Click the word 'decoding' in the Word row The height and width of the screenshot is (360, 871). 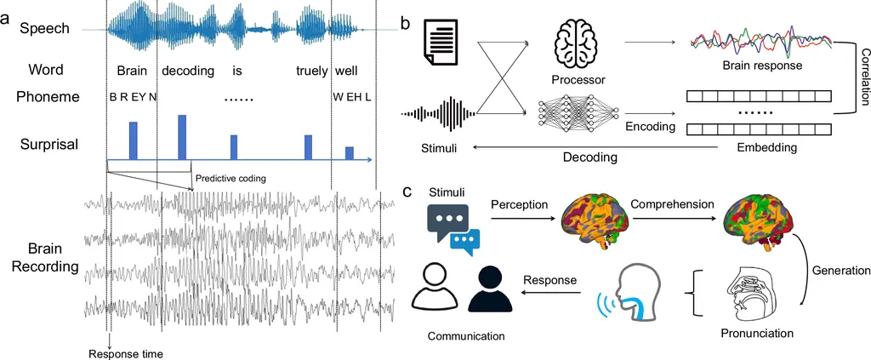188,71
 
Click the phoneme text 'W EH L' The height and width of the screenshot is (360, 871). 353,97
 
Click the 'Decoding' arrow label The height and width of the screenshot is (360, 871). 589,157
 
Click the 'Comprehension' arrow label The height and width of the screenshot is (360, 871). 670,204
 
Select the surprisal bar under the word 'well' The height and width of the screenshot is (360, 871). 349,152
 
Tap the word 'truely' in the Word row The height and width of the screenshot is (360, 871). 311,71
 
